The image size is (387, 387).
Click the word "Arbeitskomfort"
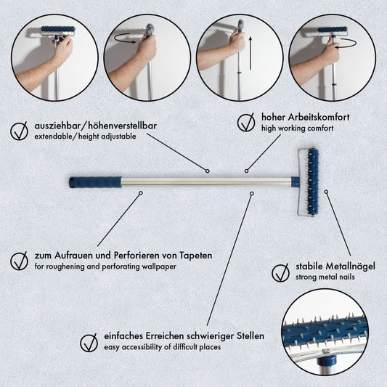(x=319, y=117)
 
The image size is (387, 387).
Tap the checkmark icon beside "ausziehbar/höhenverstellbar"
(x=20, y=131)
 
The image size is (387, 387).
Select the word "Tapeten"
(x=196, y=255)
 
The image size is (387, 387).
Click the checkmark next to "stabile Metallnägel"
(x=280, y=273)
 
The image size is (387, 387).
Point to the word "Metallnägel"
(x=350, y=266)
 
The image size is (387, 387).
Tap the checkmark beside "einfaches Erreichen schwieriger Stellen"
(x=89, y=343)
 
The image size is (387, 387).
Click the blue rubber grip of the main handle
(x=95, y=182)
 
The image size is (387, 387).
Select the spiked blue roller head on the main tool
(x=313, y=182)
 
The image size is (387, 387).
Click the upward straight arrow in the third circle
(x=250, y=53)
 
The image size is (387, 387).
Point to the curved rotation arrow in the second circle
(x=124, y=38)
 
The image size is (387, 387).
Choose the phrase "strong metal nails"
(x=325, y=277)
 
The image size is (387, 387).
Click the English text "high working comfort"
(x=298, y=129)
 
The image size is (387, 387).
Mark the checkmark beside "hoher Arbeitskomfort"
(x=246, y=123)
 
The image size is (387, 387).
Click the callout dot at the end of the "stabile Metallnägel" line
(x=326, y=192)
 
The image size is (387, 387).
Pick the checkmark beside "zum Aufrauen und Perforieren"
(x=20, y=261)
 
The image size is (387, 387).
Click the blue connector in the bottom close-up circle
(x=327, y=362)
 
